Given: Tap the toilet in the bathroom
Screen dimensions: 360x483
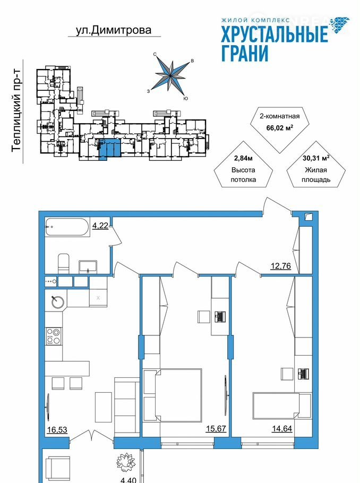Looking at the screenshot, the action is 64,263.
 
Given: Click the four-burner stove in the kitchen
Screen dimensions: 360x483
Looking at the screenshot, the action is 53,336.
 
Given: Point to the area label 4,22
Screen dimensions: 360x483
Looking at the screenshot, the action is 100,226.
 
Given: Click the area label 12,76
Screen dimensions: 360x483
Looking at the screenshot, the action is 280,265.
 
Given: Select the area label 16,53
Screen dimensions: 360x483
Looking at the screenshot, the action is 57,430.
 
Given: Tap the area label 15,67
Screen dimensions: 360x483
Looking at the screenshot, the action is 216,428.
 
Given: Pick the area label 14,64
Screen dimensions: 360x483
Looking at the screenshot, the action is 282,428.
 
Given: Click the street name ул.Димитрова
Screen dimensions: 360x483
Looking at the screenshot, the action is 114,30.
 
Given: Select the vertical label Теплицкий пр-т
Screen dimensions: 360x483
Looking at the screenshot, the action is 16,110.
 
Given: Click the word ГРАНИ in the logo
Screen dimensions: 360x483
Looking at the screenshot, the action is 245,53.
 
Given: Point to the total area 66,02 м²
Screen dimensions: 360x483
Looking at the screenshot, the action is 279,127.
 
